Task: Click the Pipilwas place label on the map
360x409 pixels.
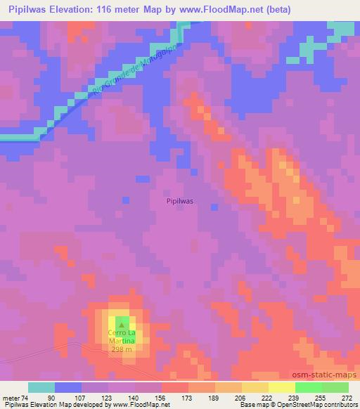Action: pos(180,200)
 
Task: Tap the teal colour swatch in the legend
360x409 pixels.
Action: pos(41,387)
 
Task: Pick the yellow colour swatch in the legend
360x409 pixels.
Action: pos(255,387)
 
